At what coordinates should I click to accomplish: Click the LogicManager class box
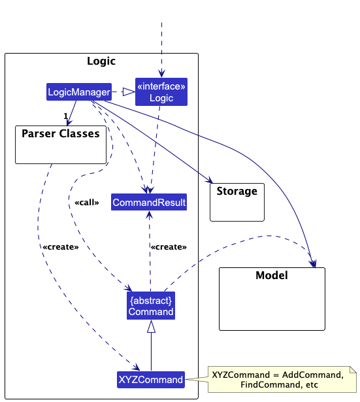[78, 92]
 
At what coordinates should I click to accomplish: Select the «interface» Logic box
[161, 92]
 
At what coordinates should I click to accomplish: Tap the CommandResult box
[149, 203]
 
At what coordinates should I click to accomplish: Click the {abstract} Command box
[151, 306]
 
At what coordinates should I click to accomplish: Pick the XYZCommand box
[150, 379]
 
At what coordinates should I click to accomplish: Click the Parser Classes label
[60, 134]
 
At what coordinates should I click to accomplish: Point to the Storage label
[237, 192]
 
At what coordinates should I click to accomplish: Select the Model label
[271, 275]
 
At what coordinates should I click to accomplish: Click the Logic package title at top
[101, 61]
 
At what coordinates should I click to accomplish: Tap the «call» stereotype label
[87, 203]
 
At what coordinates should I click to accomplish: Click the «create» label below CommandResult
[169, 247]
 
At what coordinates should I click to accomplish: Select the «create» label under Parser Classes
[60, 247]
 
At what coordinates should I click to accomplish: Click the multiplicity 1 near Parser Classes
[65, 116]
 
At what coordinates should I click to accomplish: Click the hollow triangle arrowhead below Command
[151, 327]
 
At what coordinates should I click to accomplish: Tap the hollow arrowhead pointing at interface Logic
[129, 92]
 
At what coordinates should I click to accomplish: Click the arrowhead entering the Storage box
[209, 180]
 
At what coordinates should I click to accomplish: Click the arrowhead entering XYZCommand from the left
[137, 368]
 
